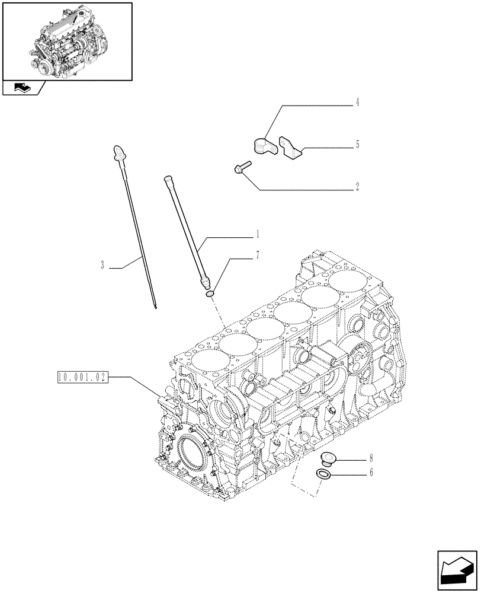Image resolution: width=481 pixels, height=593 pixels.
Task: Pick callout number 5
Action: point(358,145)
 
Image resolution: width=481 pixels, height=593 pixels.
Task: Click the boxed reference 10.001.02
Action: point(83,376)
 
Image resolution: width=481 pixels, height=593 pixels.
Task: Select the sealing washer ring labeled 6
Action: point(323,474)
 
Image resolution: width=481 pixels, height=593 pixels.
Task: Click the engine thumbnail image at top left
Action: point(67,41)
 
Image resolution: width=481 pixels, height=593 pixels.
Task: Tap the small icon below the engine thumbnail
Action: point(23,88)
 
